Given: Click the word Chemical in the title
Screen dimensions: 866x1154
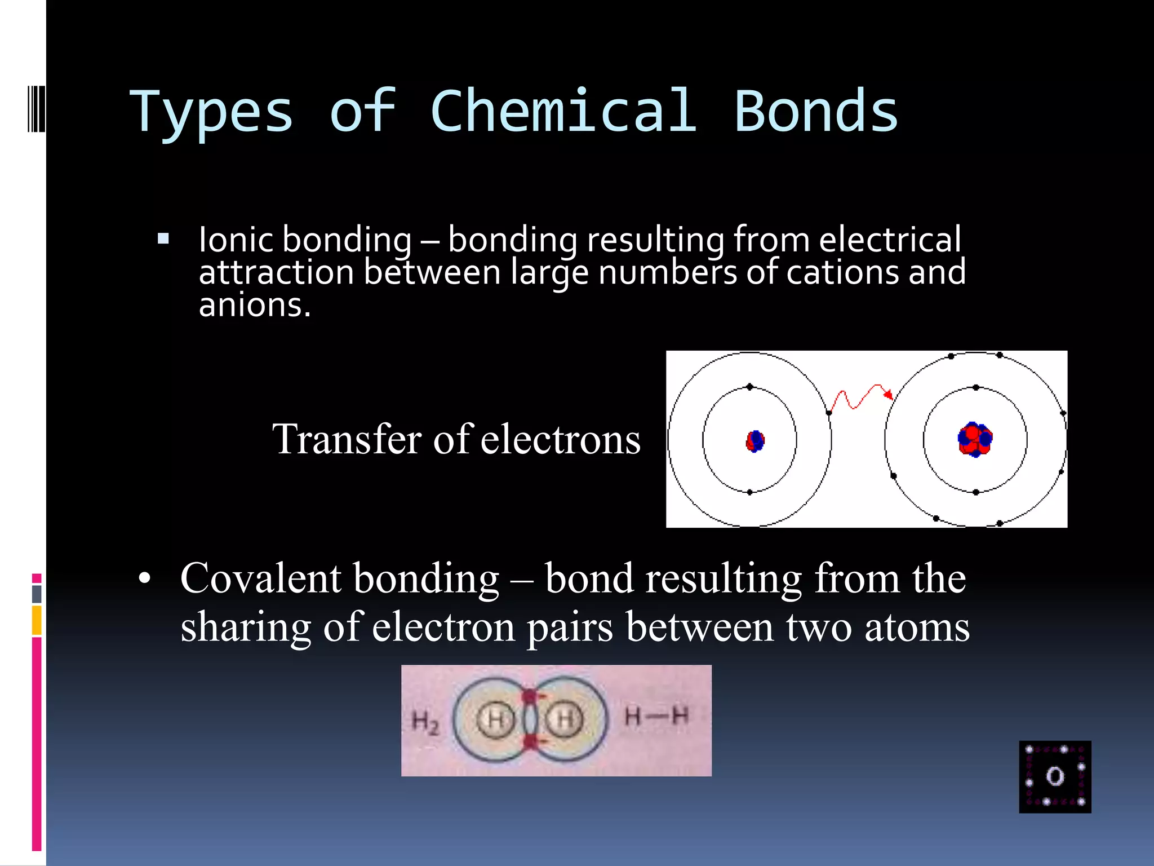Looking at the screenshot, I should pyautogui.click(x=564, y=111).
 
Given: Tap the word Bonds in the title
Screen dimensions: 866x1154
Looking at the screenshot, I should pyautogui.click(x=815, y=111).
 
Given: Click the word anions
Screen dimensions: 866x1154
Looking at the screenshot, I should pyautogui.click(x=254, y=305).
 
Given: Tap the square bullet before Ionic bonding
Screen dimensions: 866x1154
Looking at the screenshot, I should pyautogui.click(x=163, y=238).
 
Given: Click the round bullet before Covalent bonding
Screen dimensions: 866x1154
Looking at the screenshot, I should pyautogui.click(x=145, y=579).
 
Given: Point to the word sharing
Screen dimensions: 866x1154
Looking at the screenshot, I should pyautogui.click(x=246, y=627).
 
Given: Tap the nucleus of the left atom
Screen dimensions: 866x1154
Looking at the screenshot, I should pyautogui.click(x=755, y=441).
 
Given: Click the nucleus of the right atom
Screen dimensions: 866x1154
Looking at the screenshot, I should pyautogui.click(x=975, y=439).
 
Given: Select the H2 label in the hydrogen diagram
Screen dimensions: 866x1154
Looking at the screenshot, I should pyautogui.click(x=425, y=722).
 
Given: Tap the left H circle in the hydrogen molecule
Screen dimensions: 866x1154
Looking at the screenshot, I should pyautogui.click(x=496, y=720).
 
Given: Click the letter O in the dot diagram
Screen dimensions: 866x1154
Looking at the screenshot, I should pyautogui.click(x=1055, y=776).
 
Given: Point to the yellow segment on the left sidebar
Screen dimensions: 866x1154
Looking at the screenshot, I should pyautogui.click(x=37, y=620).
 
